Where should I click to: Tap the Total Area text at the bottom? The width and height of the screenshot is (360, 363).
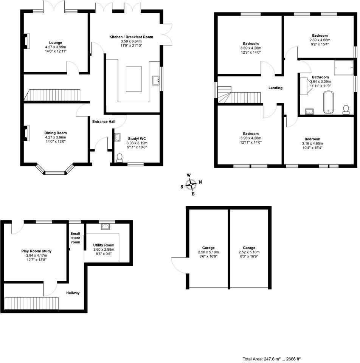coord(271,358)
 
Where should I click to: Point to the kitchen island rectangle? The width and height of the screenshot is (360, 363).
coord(134,79)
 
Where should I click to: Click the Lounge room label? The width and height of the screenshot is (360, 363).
coord(56,43)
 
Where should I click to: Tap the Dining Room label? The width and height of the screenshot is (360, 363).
coord(56,133)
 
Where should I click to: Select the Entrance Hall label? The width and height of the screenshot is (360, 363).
coord(104,121)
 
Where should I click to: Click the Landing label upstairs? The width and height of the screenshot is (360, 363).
coord(275,88)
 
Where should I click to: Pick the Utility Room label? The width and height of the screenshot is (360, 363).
coord(104,245)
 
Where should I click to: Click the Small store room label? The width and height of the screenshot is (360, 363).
coord(76,237)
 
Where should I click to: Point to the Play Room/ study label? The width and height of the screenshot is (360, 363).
coord(36,251)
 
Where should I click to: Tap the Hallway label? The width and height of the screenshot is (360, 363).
coord(73,293)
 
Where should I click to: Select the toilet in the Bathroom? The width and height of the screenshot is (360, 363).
coord(345,109)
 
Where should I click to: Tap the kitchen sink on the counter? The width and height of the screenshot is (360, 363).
coord(155,80)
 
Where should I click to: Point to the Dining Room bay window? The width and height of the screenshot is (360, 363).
coord(55,172)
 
